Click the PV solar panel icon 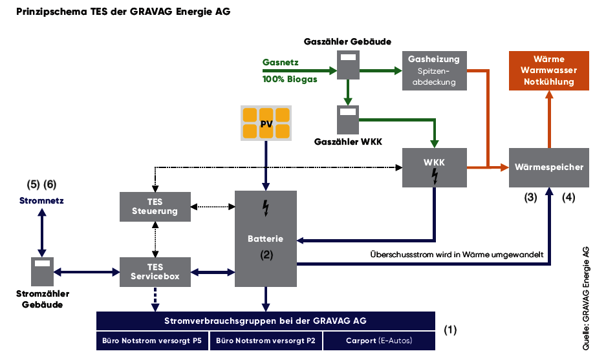[x=266, y=123]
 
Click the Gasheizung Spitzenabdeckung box [x=433, y=70]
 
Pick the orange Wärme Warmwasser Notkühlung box [x=549, y=70]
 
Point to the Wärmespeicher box [x=549, y=167]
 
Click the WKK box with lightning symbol [x=433, y=167]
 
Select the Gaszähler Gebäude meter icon [x=349, y=65]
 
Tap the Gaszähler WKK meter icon [x=348, y=120]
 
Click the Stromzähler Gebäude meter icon [x=42, y=272]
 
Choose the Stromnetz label [x=41, y=200]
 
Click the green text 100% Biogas [x=290, y=79]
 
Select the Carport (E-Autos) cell [x=378, y=341]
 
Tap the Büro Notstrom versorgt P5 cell [x=152, y=341]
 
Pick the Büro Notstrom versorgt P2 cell [x=265, y=341]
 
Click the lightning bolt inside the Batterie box [x=265, y=207]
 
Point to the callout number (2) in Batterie [x=266, y=255]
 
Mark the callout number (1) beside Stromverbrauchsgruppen [x=450, y=330]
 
